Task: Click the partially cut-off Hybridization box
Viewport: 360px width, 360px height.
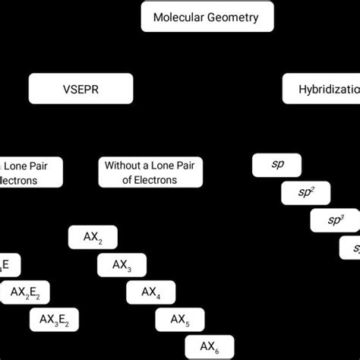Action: (321, 89)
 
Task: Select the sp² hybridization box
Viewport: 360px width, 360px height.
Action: (306, 194)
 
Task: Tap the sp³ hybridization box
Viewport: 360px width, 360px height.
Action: (334, 221)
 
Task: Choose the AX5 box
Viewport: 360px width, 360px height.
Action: (180, 320)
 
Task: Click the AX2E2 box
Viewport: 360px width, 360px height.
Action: (30, 292)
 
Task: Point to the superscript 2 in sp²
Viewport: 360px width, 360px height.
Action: (315, 190)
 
